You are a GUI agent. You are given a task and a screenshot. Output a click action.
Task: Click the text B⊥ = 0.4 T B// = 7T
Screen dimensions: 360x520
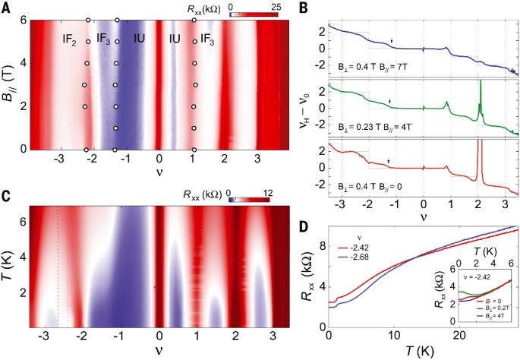[x=374, y=68]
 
